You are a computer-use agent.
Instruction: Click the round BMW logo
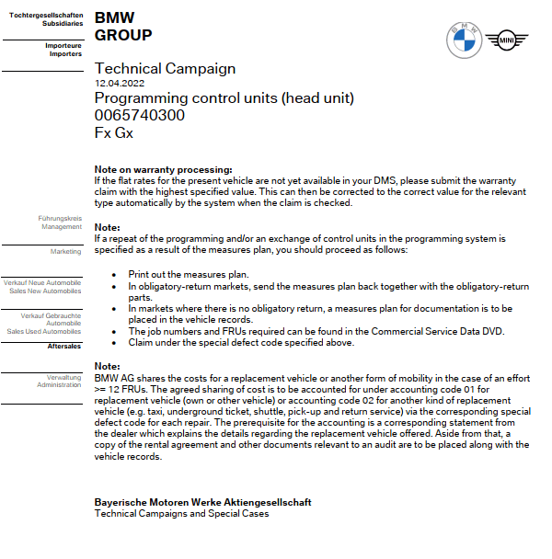click(x=464, y=39)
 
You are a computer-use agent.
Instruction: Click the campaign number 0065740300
click(x=140, y=115)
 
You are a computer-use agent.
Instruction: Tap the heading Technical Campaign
click(x=165, y=68)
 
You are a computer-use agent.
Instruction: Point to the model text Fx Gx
click(x=114, y=132)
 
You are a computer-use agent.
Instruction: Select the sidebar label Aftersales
click(x=64, y=347)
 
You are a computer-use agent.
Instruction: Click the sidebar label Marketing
click(x=65, y=251)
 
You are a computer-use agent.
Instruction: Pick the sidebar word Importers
click(x=65, y=54)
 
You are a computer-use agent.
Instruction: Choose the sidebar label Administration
click(x=60, y=384)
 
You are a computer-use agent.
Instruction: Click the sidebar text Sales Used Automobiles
click(x=44, y=331)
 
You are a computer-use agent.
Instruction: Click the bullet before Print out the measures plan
click(x=113, y=274)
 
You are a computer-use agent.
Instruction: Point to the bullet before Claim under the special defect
click(x=113, y=343)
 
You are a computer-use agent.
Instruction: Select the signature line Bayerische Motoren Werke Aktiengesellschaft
click(x=203, y=502)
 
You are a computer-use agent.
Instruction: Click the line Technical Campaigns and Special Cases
click(x=182, y=513)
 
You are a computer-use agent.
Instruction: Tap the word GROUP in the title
click(x=123, y=36)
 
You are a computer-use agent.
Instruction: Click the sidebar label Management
click(x=62, y=226)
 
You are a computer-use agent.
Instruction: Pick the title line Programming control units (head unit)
click(x=224, y=98)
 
